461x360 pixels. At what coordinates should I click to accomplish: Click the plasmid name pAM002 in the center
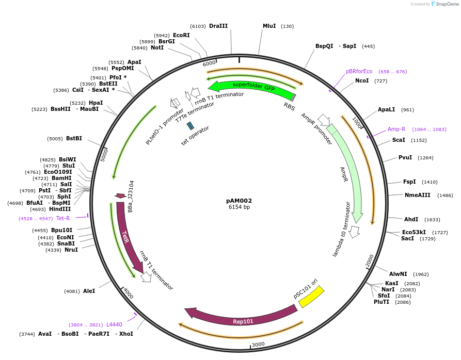239,201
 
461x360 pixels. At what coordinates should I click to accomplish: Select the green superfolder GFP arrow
253,87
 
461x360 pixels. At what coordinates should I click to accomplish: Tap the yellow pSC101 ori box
311,297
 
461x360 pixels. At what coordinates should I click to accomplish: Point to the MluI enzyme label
269,26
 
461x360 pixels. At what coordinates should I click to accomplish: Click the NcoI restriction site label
363,81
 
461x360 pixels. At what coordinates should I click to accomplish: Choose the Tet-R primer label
63,218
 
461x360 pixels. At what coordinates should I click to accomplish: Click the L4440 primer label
114,324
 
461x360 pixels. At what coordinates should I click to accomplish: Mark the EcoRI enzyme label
181,35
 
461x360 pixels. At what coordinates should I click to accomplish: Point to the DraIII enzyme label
218,26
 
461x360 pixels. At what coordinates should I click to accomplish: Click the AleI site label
89,291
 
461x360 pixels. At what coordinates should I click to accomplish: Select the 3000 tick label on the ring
258,344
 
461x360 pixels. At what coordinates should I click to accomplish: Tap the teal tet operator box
190,125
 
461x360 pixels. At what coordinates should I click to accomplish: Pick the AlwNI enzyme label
398,274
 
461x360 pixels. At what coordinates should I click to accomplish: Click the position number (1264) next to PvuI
425,158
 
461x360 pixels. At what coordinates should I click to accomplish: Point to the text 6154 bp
239,207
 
